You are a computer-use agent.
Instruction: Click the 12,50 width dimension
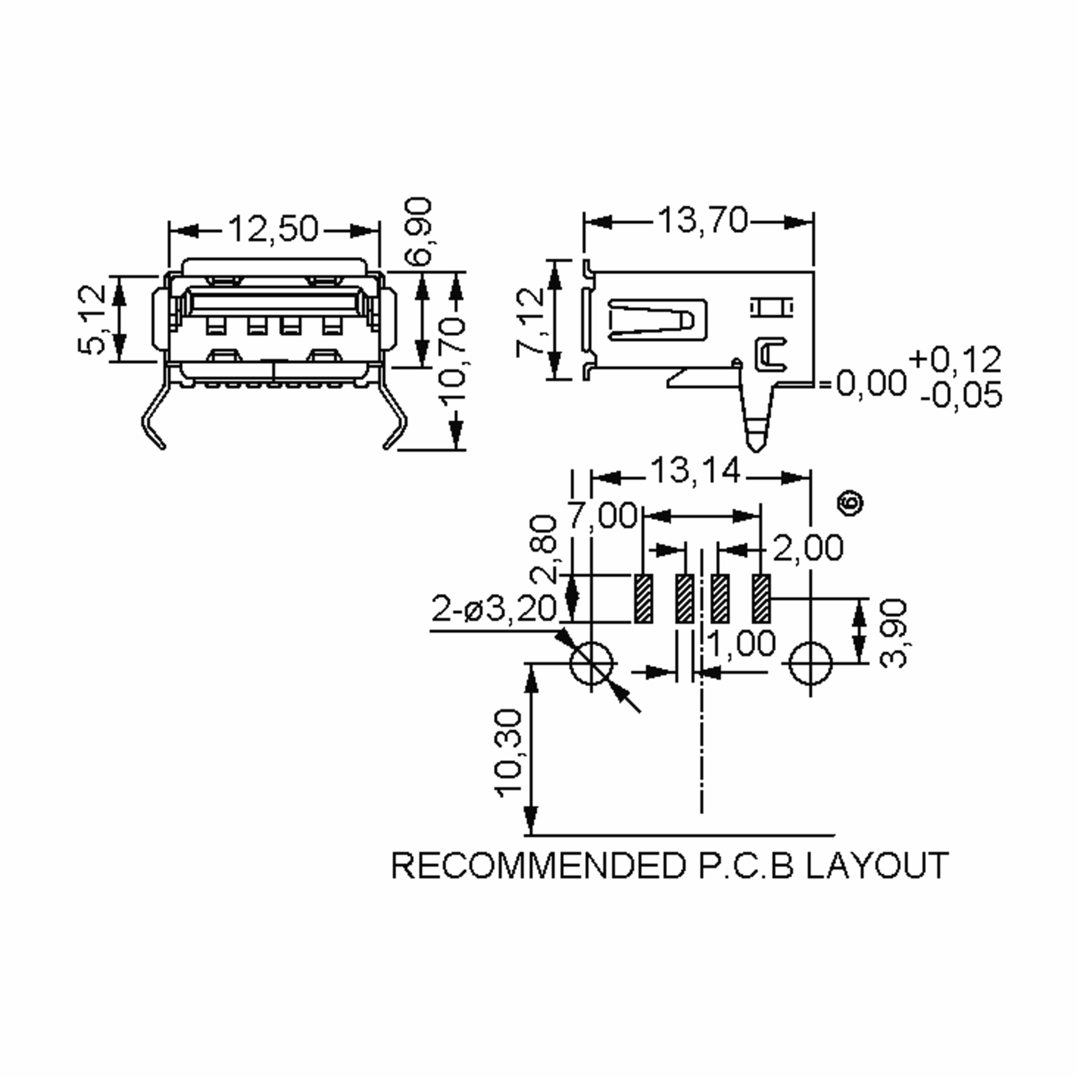(273, 229)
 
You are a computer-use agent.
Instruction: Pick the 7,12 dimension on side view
(530, 322)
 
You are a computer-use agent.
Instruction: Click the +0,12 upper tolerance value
(955, 359)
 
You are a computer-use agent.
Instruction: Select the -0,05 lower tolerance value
(961, 395)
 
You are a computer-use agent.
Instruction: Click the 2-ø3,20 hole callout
(494, 609)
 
